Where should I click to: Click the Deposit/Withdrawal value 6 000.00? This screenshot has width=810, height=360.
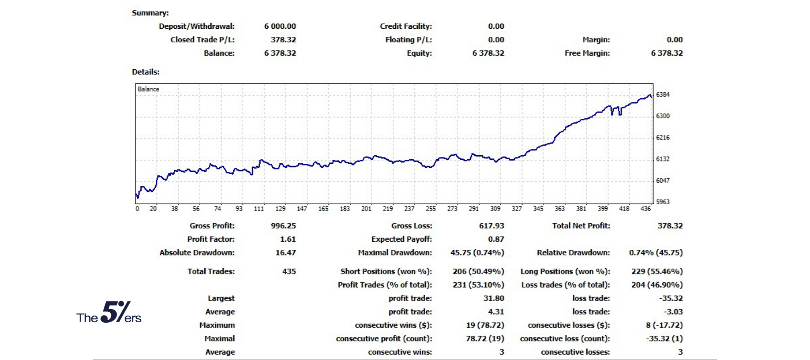pos(280,27)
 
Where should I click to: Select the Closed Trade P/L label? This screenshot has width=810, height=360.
pos(202,40)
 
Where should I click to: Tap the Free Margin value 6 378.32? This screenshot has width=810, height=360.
pos(666,53)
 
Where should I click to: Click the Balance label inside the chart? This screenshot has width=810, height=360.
pos(148,89)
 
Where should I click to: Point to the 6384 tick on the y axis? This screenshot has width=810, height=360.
pos(662,94)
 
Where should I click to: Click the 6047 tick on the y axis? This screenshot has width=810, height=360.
pos(662,180)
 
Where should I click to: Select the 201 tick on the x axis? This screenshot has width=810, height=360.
pos(366,209)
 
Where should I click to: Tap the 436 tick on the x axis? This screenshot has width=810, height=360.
pos(645,209)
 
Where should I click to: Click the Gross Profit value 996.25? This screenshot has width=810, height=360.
pos(283,226)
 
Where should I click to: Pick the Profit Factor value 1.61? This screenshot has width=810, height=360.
pos(288,239)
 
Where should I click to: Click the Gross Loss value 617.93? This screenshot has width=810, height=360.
pos(491,226)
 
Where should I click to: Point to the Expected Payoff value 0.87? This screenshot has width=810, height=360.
pos(496,239)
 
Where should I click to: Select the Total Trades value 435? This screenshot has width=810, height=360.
pos(289,271)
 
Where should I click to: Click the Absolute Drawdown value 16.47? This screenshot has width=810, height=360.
pos(285,253)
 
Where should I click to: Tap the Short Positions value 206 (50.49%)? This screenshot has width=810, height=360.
pos(478,271)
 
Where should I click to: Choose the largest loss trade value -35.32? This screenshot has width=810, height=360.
pos(670,298)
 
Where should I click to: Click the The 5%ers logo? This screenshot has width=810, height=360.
pos(109,313)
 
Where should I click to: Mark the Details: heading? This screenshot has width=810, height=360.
pos(145,72)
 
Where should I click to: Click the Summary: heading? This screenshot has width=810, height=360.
pos(150,13)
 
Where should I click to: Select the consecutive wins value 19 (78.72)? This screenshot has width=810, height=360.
pos(485,325)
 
